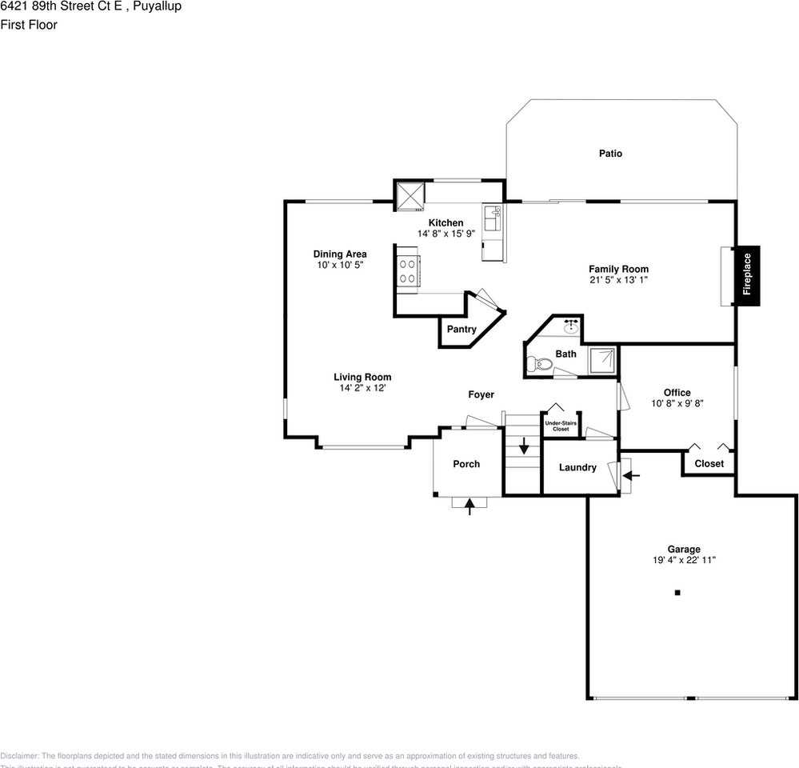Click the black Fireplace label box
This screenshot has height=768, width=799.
coord(747,275)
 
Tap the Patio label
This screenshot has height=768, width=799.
coord(610,154)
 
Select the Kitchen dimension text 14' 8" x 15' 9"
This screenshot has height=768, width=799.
coord(445,234)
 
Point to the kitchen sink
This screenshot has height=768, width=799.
coord(492,217)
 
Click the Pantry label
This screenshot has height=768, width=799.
coord(461,329)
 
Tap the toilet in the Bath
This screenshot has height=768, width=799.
coord(540,365)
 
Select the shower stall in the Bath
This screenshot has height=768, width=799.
coord(603,360)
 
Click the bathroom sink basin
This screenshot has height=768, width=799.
coord(571,326)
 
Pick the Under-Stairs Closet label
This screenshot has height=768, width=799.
coord(561,426)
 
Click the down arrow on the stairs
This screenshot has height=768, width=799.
coord(524,445)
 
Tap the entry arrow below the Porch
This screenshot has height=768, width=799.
coord(469,505)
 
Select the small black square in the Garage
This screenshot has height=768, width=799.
coord(677,593)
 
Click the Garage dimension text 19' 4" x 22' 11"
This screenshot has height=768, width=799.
coord(684,561)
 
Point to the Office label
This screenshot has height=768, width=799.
coord(677,393)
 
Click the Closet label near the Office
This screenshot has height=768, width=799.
coord(709,463)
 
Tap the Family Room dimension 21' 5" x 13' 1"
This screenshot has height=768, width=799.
coord(618,281)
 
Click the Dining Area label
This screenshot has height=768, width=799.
coord(340,254)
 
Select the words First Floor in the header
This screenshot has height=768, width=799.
coord(29,25)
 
